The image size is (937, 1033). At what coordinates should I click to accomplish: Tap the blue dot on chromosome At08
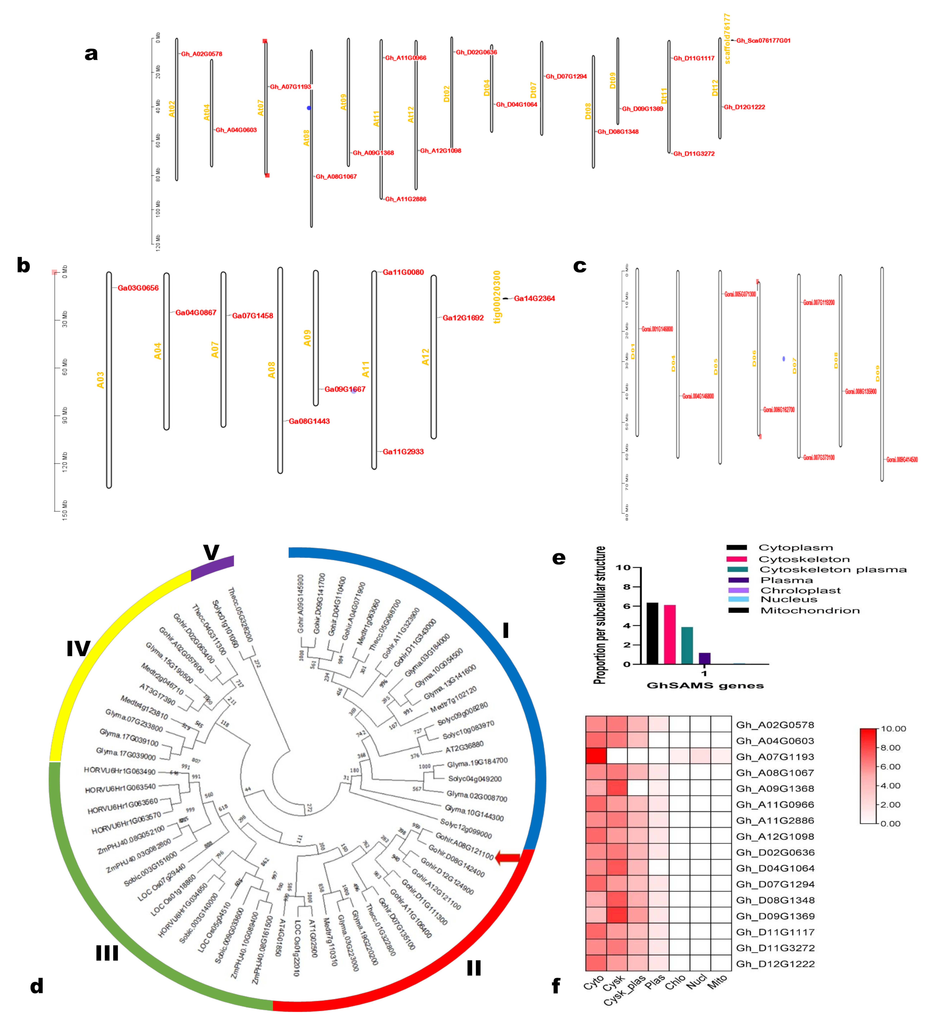point(309,108)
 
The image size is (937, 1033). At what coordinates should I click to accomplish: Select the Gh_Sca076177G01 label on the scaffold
point(763,41)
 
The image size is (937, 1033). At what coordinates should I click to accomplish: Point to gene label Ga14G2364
point(534,298)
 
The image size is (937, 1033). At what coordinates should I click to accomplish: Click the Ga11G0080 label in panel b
point(403,272)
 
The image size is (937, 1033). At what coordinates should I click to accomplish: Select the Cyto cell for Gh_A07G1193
point(596,756)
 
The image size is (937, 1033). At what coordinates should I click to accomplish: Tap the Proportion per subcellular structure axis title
point(599,615)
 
